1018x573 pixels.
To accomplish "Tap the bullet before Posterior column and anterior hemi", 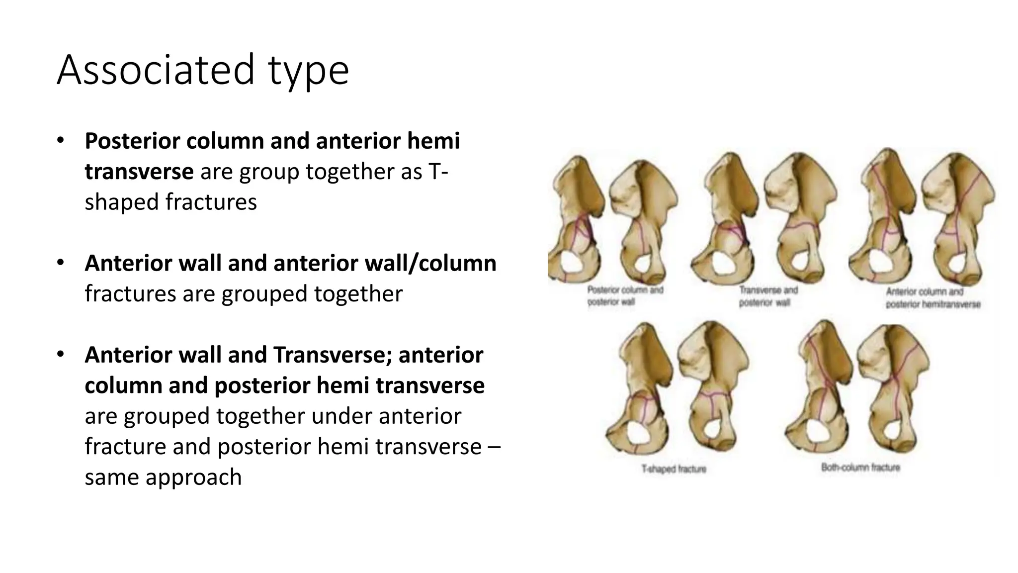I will (60, 141).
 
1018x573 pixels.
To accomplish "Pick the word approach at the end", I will (193, 477).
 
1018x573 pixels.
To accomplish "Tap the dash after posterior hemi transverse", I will (495, 447).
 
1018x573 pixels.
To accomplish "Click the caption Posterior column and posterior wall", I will (625, 295).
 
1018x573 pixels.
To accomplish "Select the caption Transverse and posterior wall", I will (768, 295).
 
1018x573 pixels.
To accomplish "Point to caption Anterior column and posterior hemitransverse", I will (933, 297).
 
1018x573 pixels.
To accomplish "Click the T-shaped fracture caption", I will (674, 469).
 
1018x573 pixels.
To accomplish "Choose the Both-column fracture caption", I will (860, 468).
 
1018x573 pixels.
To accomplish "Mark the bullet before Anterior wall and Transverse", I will (60, 355).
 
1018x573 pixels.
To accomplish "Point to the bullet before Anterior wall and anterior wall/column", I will (60, 263).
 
